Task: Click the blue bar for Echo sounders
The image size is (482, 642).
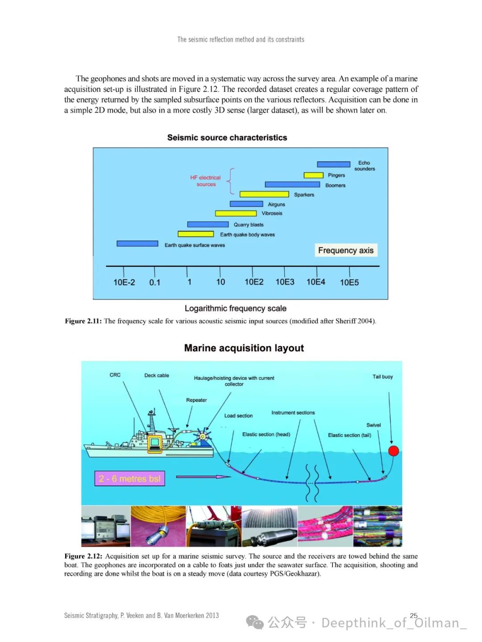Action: pyautogui.click(x=333, y=165)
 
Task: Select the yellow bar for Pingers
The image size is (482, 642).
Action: pyautogui.click(x=313, y=175)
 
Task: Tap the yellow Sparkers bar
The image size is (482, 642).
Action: pyautogui.click(x=264, y=194)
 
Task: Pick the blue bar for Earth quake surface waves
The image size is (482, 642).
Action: pyautogui.click(x=137, y=244)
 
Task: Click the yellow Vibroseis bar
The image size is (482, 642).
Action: pyautogui.click(x=236, y=213)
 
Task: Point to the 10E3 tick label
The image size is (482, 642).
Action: pyautogui.click(x=285, y=282)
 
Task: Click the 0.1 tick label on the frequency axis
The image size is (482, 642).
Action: pyautogui.click(x=154, y=282)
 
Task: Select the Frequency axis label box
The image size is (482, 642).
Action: pyautogui.click(x=346, y=250)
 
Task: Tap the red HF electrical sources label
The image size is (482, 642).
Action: pyautogui.click(x=205, y=181)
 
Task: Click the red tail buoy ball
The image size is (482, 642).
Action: pyautogui.click(x=393, y=451)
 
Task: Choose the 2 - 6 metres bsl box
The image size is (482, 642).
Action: pyautogui.click(x=129, y=479)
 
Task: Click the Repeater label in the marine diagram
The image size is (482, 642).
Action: pyautogui.click(x=196, y=400)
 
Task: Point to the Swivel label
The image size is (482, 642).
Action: pyautogui.click(x=374, y=425)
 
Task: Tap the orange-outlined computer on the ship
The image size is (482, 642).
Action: pyautogui.click(x=154, y=443)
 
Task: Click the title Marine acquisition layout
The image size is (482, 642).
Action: pyautogui.click(x=244, y=348)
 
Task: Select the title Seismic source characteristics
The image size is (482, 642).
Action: pyautogui.click(x=227, y=138)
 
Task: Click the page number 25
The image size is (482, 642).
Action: pyautogui.click(x=414, y=615)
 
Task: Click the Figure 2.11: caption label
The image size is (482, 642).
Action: pyautogui.click(x=83, y=321)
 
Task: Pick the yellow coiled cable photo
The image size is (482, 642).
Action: pyautogui.click(x=158, y=526)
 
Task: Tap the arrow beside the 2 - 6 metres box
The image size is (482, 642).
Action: pyautogui.click(x=204, y=476)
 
